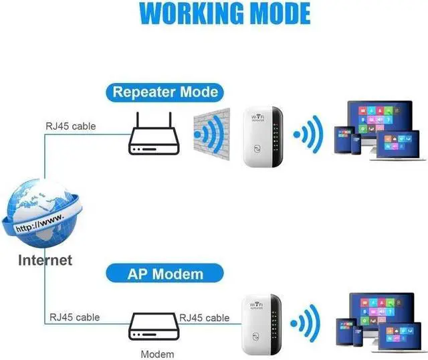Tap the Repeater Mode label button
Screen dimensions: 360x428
tap(165, 92)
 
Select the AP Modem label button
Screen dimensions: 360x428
tap(165, 273)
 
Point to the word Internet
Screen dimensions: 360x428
tap(45, 260)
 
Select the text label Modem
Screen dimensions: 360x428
tap(158, 354)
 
